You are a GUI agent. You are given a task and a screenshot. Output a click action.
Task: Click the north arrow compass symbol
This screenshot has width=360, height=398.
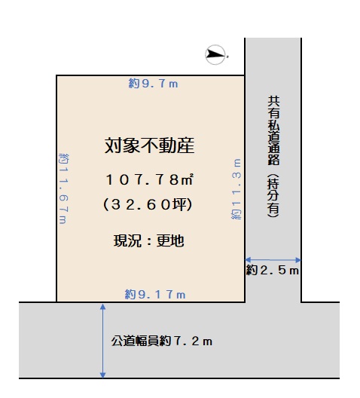click(215, 54)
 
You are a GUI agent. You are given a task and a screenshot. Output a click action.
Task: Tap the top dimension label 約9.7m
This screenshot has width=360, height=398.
click(153, 84)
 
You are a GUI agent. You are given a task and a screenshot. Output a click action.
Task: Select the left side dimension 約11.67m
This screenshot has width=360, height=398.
click(63, 188)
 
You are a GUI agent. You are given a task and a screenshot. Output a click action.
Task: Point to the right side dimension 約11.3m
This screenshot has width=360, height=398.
click(236, 189)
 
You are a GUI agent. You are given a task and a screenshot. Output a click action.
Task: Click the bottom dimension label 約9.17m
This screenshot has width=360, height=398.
click(155, 295)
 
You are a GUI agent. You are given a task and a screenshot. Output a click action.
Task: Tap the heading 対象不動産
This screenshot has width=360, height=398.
click(150, 145)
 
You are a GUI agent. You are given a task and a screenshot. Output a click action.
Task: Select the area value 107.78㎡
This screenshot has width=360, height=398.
click(150, 179)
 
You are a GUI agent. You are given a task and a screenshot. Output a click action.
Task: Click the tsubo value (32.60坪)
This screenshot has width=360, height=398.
click(148, 204)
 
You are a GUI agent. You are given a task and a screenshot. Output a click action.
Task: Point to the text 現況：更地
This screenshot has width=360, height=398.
click(149, 240)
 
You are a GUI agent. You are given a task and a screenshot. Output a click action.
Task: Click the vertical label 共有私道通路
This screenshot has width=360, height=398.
click(273, 130)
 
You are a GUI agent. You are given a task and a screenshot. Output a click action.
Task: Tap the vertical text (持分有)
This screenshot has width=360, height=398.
click(273, 195)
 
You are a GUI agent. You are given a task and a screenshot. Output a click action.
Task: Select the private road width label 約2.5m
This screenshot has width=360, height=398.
click(273, 270)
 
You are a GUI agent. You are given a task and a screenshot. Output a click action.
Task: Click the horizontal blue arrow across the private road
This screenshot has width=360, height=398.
click(273, 259)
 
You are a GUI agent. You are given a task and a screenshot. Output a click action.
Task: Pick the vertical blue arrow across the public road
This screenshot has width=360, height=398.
click(102, 341)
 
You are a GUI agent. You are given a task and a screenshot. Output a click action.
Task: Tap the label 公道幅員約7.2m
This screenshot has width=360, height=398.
click(162, 341)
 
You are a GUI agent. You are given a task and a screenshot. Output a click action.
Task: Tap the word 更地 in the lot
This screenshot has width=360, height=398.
click(170, 240)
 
